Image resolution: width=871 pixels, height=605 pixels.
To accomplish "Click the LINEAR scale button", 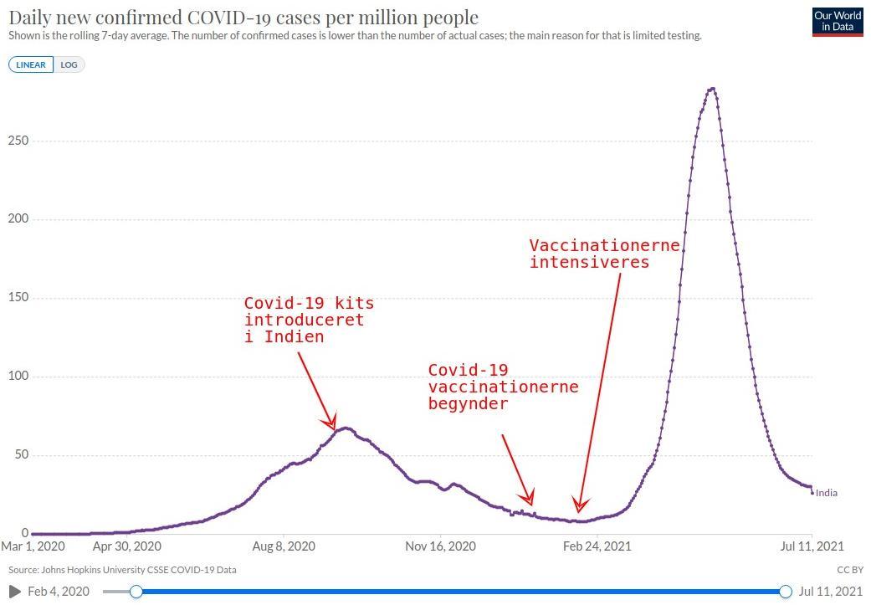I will (x=31, y=64).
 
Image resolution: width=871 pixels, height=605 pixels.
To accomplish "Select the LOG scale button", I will (x=69, y=64).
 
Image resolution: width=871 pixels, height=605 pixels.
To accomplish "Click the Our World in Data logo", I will (x=838, y=22).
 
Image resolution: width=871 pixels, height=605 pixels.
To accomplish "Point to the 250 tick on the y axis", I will (x=18, y=141).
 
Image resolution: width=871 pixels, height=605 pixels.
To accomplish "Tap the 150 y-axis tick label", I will (x=18, y=298).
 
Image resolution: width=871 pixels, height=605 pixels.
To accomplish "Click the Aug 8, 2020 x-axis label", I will (x=284, y=546).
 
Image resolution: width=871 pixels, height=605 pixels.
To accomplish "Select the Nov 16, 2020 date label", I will (x=440, y=546).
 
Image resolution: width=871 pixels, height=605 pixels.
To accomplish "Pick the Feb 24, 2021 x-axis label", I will (x=597, y=546).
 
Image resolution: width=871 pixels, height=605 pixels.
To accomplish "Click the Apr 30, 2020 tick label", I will (x=126, y=546).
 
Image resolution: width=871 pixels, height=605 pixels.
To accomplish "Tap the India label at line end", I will (x=826, y=493).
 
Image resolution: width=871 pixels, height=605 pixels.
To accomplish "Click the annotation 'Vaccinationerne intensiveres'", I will (x=604, y=254).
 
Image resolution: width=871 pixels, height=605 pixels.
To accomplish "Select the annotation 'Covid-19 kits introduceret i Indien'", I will (x=309, y=320).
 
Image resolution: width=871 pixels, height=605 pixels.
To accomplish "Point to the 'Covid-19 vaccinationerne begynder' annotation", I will (x=503, y=387).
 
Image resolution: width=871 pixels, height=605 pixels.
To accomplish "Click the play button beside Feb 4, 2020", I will (x=15, y=592).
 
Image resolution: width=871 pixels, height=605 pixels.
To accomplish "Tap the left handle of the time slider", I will (x=136, y=592).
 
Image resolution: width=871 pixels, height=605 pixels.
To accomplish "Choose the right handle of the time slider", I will (x=785, y=592).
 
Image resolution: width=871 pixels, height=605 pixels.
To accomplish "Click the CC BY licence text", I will (x=849, y=570).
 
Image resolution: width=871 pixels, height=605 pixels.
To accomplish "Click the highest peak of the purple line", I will (x=711, y=89).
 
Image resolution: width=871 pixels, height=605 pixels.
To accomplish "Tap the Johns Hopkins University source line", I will (x=122, y=570).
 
